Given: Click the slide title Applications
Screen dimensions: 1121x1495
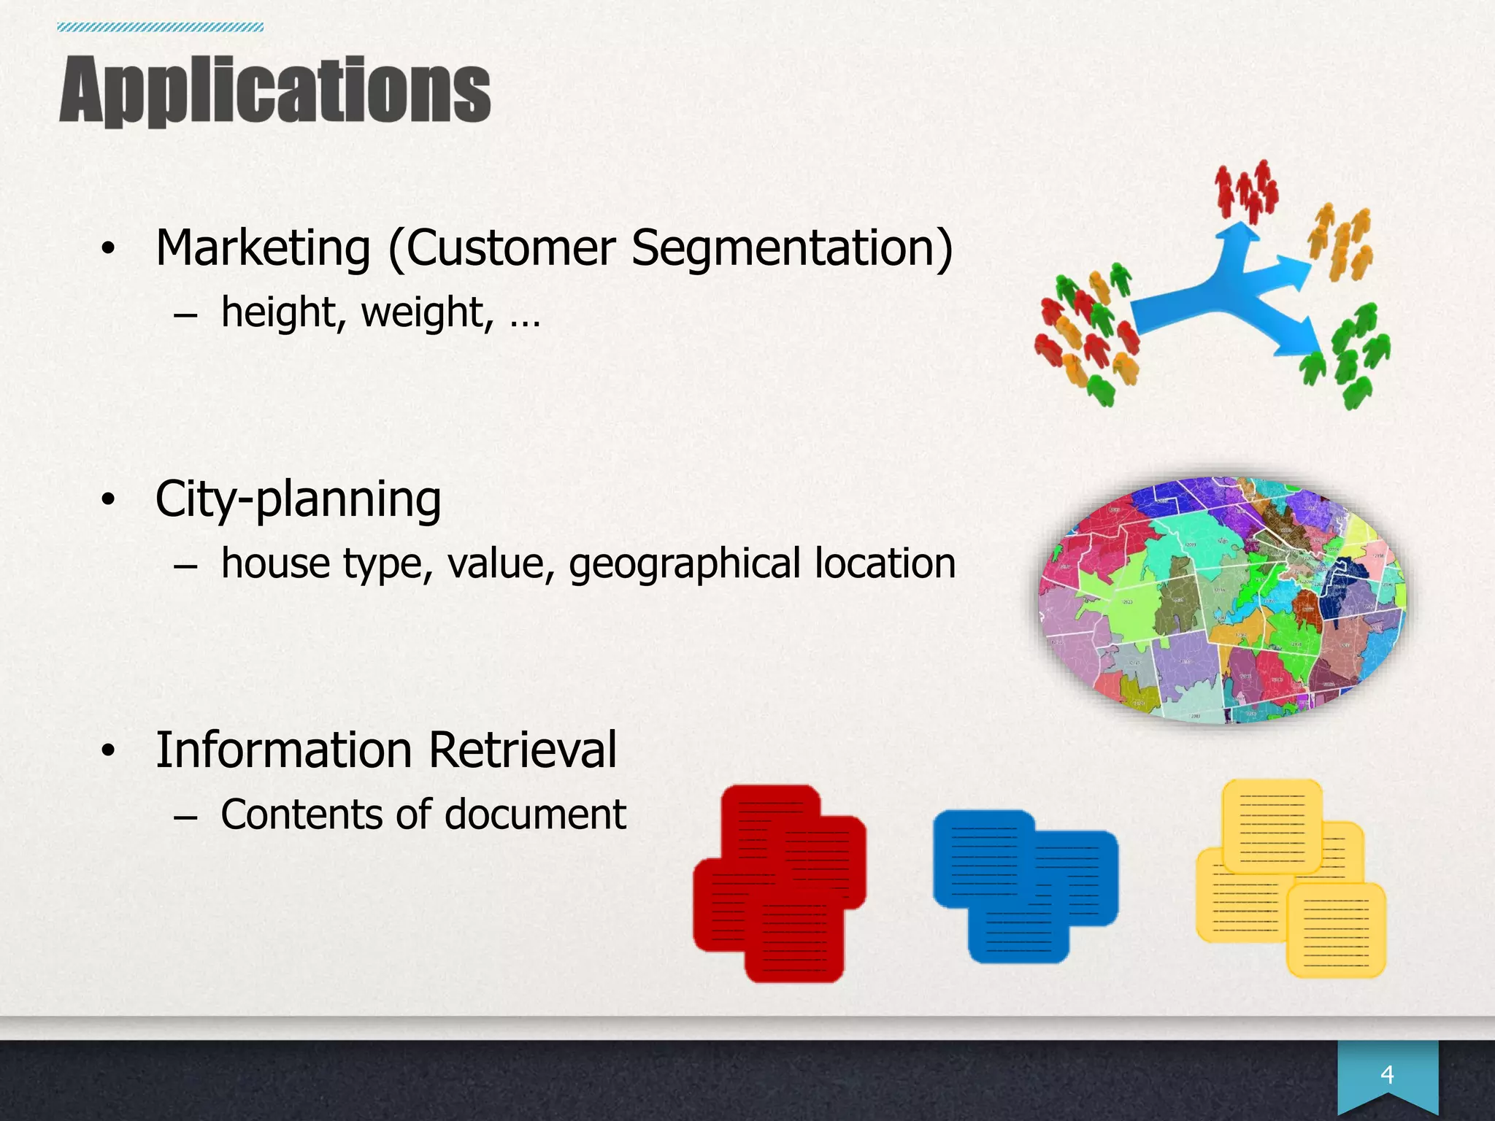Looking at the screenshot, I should click(x=274, y=90).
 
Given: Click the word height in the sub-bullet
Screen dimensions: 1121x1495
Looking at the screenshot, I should click(x=277, y=312).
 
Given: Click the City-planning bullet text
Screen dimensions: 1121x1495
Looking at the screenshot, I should click(x=298, y=500).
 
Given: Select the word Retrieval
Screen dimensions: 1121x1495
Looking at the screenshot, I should click(x=523, y=750).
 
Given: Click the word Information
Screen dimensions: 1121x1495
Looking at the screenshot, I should click(x=286, y=750).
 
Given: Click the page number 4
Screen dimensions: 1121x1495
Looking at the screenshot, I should click(x=1387, y=1074).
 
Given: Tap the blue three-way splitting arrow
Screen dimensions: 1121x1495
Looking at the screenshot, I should click(x=1234, y=292).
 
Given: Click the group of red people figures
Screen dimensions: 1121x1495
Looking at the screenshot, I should click(x=1246, y=191).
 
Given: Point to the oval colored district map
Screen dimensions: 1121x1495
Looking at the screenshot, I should click(x=1222, y=600).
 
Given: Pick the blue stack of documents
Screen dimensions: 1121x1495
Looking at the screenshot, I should click(x=1025, y=885).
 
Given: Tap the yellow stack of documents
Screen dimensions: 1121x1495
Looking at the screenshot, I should click(x=1291, y=879).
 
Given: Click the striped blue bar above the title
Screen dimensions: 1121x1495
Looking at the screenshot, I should click(x=160, y=28).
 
